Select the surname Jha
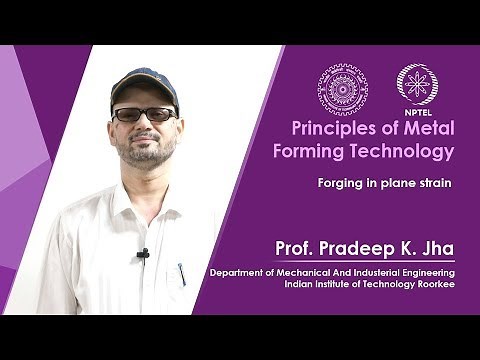pyautogui.click(x=440, y=247)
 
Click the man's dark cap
pyautogui.click(x=145, y=84)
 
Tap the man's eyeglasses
pyautogui.click(x=145, y=114)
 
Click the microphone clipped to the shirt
pyautogui.click(x=143, y=254)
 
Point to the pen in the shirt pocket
pyautogui.click(x=182, y=273)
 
